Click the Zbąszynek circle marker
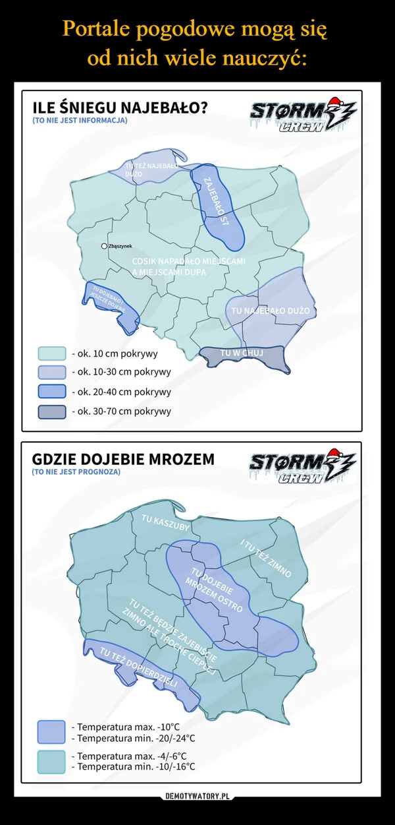(103, 246)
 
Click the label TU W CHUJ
(242, 354)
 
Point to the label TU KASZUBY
(166, 522)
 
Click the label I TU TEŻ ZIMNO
(266, 559)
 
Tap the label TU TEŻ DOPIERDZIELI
(138, 667)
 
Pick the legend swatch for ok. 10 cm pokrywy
(52, 353)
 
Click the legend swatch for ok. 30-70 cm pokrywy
(52, 412)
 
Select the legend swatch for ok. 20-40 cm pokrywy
(52, 392)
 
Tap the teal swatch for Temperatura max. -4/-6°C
(51, 761)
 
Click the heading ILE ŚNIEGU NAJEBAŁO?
(120, 107)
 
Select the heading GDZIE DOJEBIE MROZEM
(123, 459)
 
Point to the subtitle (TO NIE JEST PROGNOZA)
(76, 472)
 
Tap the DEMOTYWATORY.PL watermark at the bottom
(197, 796)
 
